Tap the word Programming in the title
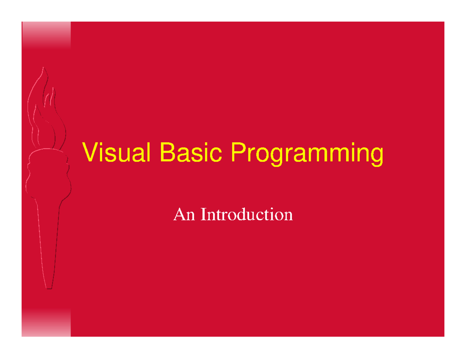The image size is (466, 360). pyautogui.click(x=307, y=155)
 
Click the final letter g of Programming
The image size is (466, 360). pyautogui.click(x=376, y=156)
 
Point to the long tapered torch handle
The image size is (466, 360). pyautogui.click(x=48, y=241)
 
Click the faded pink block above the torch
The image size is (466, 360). pyautogui.click(x=46, y=35)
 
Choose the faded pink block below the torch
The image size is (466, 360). pyautogui.click(x=46, y=322)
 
